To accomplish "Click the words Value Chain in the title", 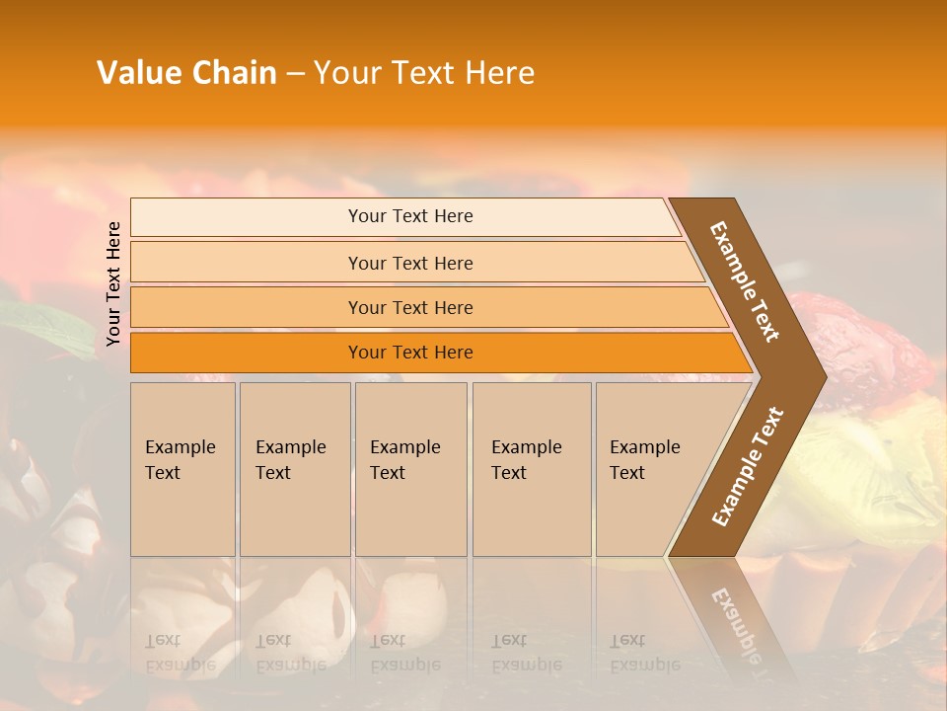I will coord(186,73).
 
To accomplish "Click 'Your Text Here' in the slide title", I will coord(424,73).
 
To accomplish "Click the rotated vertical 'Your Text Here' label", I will coord(113,283).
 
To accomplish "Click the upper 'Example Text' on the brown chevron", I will coord(745,281).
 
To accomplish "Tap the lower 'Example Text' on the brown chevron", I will coord(748,466).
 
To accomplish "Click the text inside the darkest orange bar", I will coord(410,353).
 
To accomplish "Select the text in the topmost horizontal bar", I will coord(410,216).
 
